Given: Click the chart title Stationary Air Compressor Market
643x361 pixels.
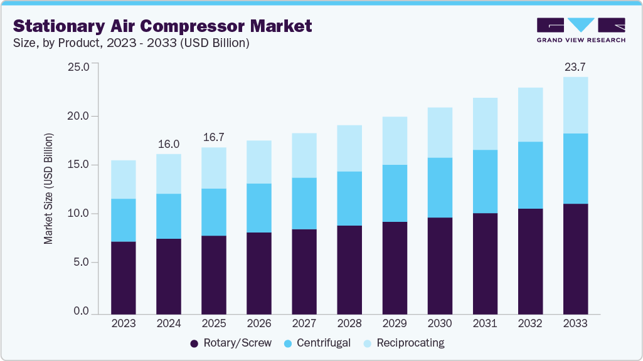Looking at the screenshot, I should (162, 26).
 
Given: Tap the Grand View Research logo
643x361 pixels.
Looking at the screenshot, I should (581, 30).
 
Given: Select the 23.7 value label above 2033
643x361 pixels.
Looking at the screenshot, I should (575, 67).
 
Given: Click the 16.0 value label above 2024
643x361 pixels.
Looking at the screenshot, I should (169, 144).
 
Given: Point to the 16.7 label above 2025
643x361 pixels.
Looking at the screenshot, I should (214, 137).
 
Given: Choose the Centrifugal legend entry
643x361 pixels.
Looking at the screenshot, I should (317, 343).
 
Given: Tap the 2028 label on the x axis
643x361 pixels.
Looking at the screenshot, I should (349, 323).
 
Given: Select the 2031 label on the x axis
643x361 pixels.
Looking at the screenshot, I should (485, 323).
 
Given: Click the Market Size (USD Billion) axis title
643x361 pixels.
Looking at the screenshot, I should (48, 189).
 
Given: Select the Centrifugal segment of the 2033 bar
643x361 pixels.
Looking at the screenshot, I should (575, 169).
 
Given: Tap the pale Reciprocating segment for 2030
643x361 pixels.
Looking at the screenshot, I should (440, 132).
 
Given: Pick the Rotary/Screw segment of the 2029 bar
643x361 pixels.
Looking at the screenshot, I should (395, 267).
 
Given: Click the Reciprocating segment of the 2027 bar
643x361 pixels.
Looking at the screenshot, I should (304, 155).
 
